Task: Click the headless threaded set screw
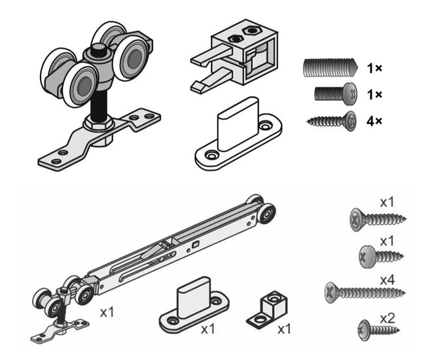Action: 330,67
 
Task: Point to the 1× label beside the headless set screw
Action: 375,67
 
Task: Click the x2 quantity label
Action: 387,318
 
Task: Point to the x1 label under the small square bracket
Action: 283,329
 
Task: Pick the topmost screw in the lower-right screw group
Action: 376,217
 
